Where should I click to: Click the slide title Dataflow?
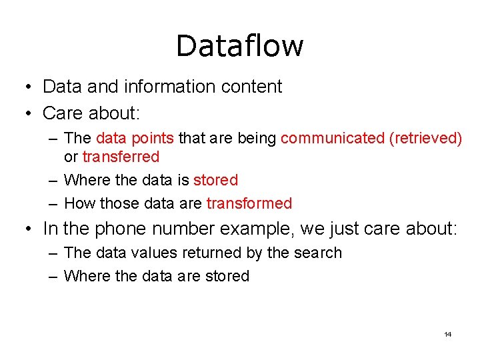pos(239,46)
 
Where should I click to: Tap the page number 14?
pos(447,334)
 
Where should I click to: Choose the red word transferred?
pos(121,157)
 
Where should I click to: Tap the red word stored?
pos(215,180)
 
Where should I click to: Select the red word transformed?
pos(249,203)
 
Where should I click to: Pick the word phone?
pos(122,229)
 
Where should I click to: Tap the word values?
pos(151,253)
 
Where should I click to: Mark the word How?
pos(79,203)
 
